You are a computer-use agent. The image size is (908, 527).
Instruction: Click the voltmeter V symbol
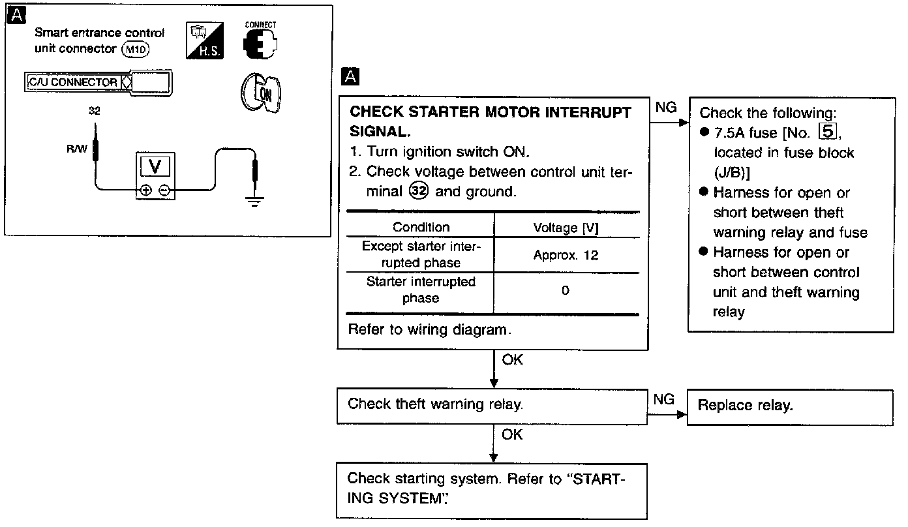[155, 166]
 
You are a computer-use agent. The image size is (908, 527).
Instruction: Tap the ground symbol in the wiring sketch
[254, 200]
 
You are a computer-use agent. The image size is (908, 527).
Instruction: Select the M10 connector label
[136, 50]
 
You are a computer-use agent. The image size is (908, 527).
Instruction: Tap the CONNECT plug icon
[260, 44]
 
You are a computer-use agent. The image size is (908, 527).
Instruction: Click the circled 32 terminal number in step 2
[419, 192]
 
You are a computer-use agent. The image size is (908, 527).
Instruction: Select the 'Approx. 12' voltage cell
[566, 255]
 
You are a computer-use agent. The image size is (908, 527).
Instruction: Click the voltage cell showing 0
[565, 291]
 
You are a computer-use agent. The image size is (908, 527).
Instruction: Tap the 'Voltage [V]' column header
[566, 228]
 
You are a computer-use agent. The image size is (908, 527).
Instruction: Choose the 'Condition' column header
[421, 228]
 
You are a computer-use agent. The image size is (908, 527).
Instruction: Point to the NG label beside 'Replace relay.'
[663, 399]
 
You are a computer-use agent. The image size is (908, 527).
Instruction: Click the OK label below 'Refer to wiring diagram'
[512, 359]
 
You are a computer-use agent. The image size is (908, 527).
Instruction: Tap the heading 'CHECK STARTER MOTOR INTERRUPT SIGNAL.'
[491, 121]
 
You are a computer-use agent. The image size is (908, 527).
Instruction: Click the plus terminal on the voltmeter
[145, 190]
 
